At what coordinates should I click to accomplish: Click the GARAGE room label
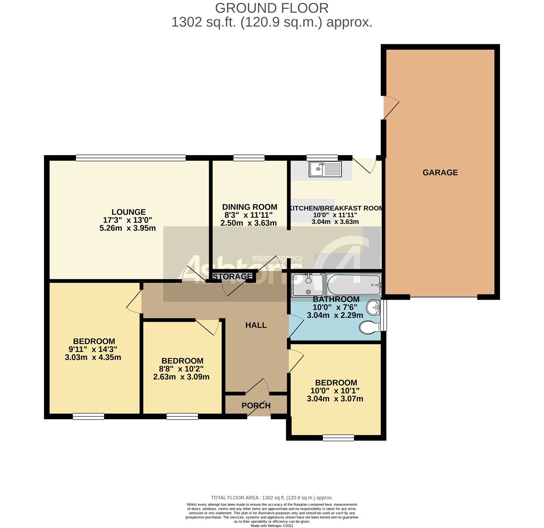coord(440,172)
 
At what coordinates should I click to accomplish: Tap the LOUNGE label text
coord(129,212)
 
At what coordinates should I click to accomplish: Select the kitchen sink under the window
coord(325,169)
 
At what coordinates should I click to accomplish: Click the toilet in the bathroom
coord(370,327)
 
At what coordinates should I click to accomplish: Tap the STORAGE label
coord(232,276)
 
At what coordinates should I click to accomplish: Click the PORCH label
coord(256,406)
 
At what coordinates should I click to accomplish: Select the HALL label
coord(256,325)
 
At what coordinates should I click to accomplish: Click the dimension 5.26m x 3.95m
coord(127,228)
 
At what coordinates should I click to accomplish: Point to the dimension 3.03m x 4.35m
coord(93,357)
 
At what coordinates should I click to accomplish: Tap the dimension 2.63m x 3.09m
coord(181,377)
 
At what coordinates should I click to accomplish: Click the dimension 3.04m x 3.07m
coord(335,399)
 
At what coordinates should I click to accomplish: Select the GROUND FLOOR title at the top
coord(272,8)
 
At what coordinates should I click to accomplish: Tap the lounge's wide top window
coord(131,158)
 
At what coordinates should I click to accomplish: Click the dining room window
coord(249,158)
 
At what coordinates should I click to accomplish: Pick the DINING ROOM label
coord(249,207)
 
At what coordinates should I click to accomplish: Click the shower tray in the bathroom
coord(308,285)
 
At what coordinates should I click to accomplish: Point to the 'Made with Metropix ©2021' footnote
coord(272,525)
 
